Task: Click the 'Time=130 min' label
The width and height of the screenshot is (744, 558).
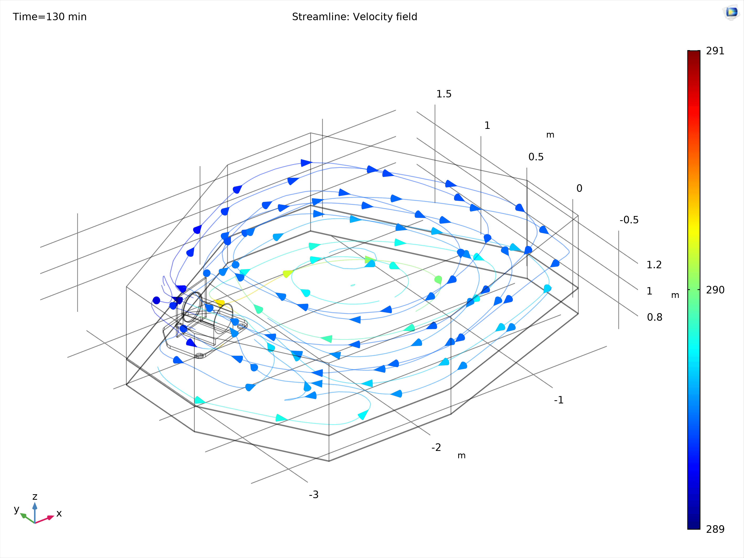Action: click(50, 17)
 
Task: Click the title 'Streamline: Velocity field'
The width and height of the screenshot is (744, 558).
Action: click(355, 17)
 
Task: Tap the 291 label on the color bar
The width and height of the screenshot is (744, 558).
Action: click(715, 51)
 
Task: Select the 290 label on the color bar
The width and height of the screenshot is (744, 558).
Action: click(715, 290)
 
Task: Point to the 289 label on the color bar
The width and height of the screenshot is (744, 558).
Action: click(715, 529)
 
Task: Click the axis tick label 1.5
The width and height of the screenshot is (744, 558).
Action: click(444, 94)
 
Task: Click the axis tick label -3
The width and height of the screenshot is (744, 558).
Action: click(313, 495)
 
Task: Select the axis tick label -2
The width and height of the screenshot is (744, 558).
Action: click(436, 447)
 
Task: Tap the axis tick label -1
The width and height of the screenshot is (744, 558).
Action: click(558, 400)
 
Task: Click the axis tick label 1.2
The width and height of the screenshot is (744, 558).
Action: click(654, 265)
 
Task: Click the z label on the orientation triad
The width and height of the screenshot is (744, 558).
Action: click(35, 497)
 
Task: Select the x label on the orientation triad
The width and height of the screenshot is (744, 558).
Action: click(59, 514)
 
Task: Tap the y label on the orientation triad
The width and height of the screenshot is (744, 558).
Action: click(17, 509)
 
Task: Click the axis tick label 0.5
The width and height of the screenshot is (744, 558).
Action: click(536, 157)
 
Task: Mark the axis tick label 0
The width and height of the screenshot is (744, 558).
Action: click(579, 188)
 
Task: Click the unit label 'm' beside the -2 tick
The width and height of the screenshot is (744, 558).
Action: click(461, 456)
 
